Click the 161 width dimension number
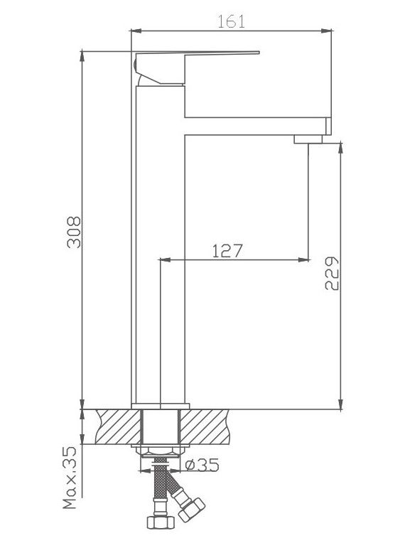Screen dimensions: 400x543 point(231,21)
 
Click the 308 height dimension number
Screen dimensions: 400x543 point(74,232)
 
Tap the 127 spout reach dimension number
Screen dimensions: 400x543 point(227,251)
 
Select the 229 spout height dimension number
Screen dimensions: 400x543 point(332,273)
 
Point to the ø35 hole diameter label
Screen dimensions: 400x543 point(202,465)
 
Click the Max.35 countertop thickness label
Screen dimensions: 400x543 point(70,478)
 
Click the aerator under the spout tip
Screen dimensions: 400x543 point(308,139)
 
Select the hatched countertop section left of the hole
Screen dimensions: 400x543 point(119,426)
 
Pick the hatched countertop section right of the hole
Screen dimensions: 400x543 point(205,426)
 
